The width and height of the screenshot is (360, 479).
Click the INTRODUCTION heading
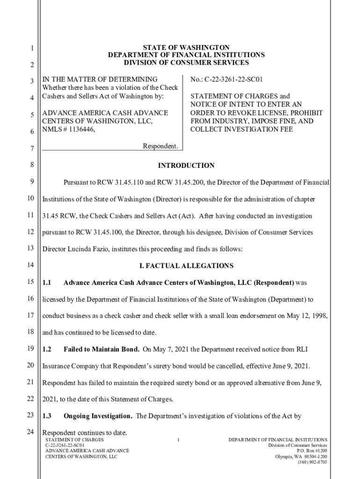186,166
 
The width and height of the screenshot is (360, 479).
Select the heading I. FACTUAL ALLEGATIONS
186,266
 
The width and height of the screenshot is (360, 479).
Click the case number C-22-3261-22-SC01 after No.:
226,80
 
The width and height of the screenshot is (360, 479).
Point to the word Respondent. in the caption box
160,147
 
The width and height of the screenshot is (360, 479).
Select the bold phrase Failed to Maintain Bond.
101,349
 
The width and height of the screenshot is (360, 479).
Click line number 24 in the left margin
30,432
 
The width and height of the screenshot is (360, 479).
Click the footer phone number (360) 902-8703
312,462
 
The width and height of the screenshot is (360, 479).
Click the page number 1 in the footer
179,440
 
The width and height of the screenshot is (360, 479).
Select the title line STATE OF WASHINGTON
186,48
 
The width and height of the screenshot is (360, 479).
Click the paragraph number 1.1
47,283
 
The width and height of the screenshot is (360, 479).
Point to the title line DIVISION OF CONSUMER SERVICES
186,62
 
